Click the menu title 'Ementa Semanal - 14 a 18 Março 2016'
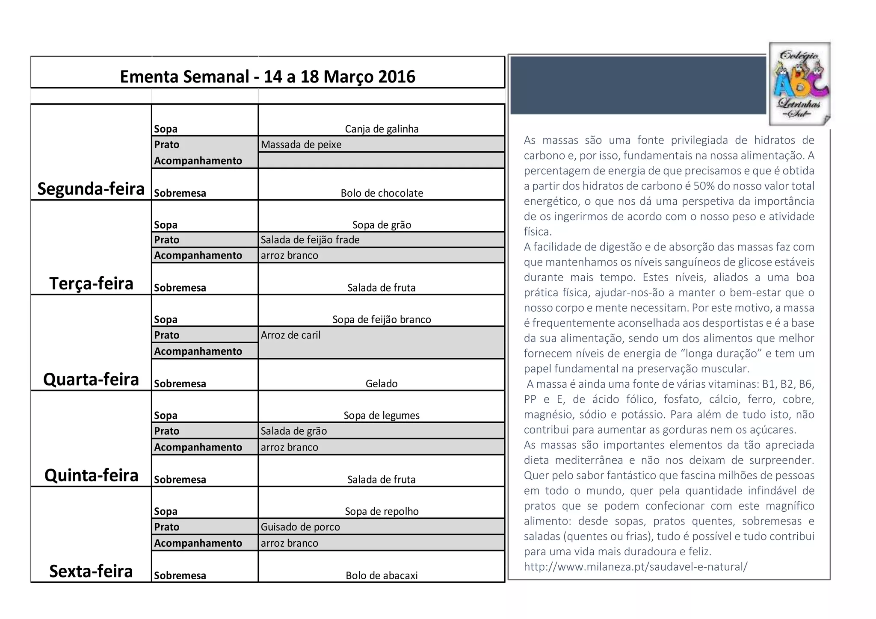[x=267, y=77]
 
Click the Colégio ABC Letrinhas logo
[x=799, y=84]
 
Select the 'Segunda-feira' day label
[x=91, y=189]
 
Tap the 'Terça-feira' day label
[x=91, y=284]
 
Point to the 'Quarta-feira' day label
[x=91, y=380]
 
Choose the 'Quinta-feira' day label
[x=91, y=475]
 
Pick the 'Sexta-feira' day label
[x=91, y=571]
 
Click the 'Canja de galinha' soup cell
[x=382, y=129]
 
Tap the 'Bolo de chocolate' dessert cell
[x=382, y=193]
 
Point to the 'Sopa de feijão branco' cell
[x=382, y=320]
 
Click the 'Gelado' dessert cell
[x=382, y=384]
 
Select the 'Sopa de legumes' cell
[x=382, y=416]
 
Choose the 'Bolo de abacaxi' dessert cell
[x=382, y=576]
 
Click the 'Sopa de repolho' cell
[x=382, y=512]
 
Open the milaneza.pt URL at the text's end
[x=636, y=567]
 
